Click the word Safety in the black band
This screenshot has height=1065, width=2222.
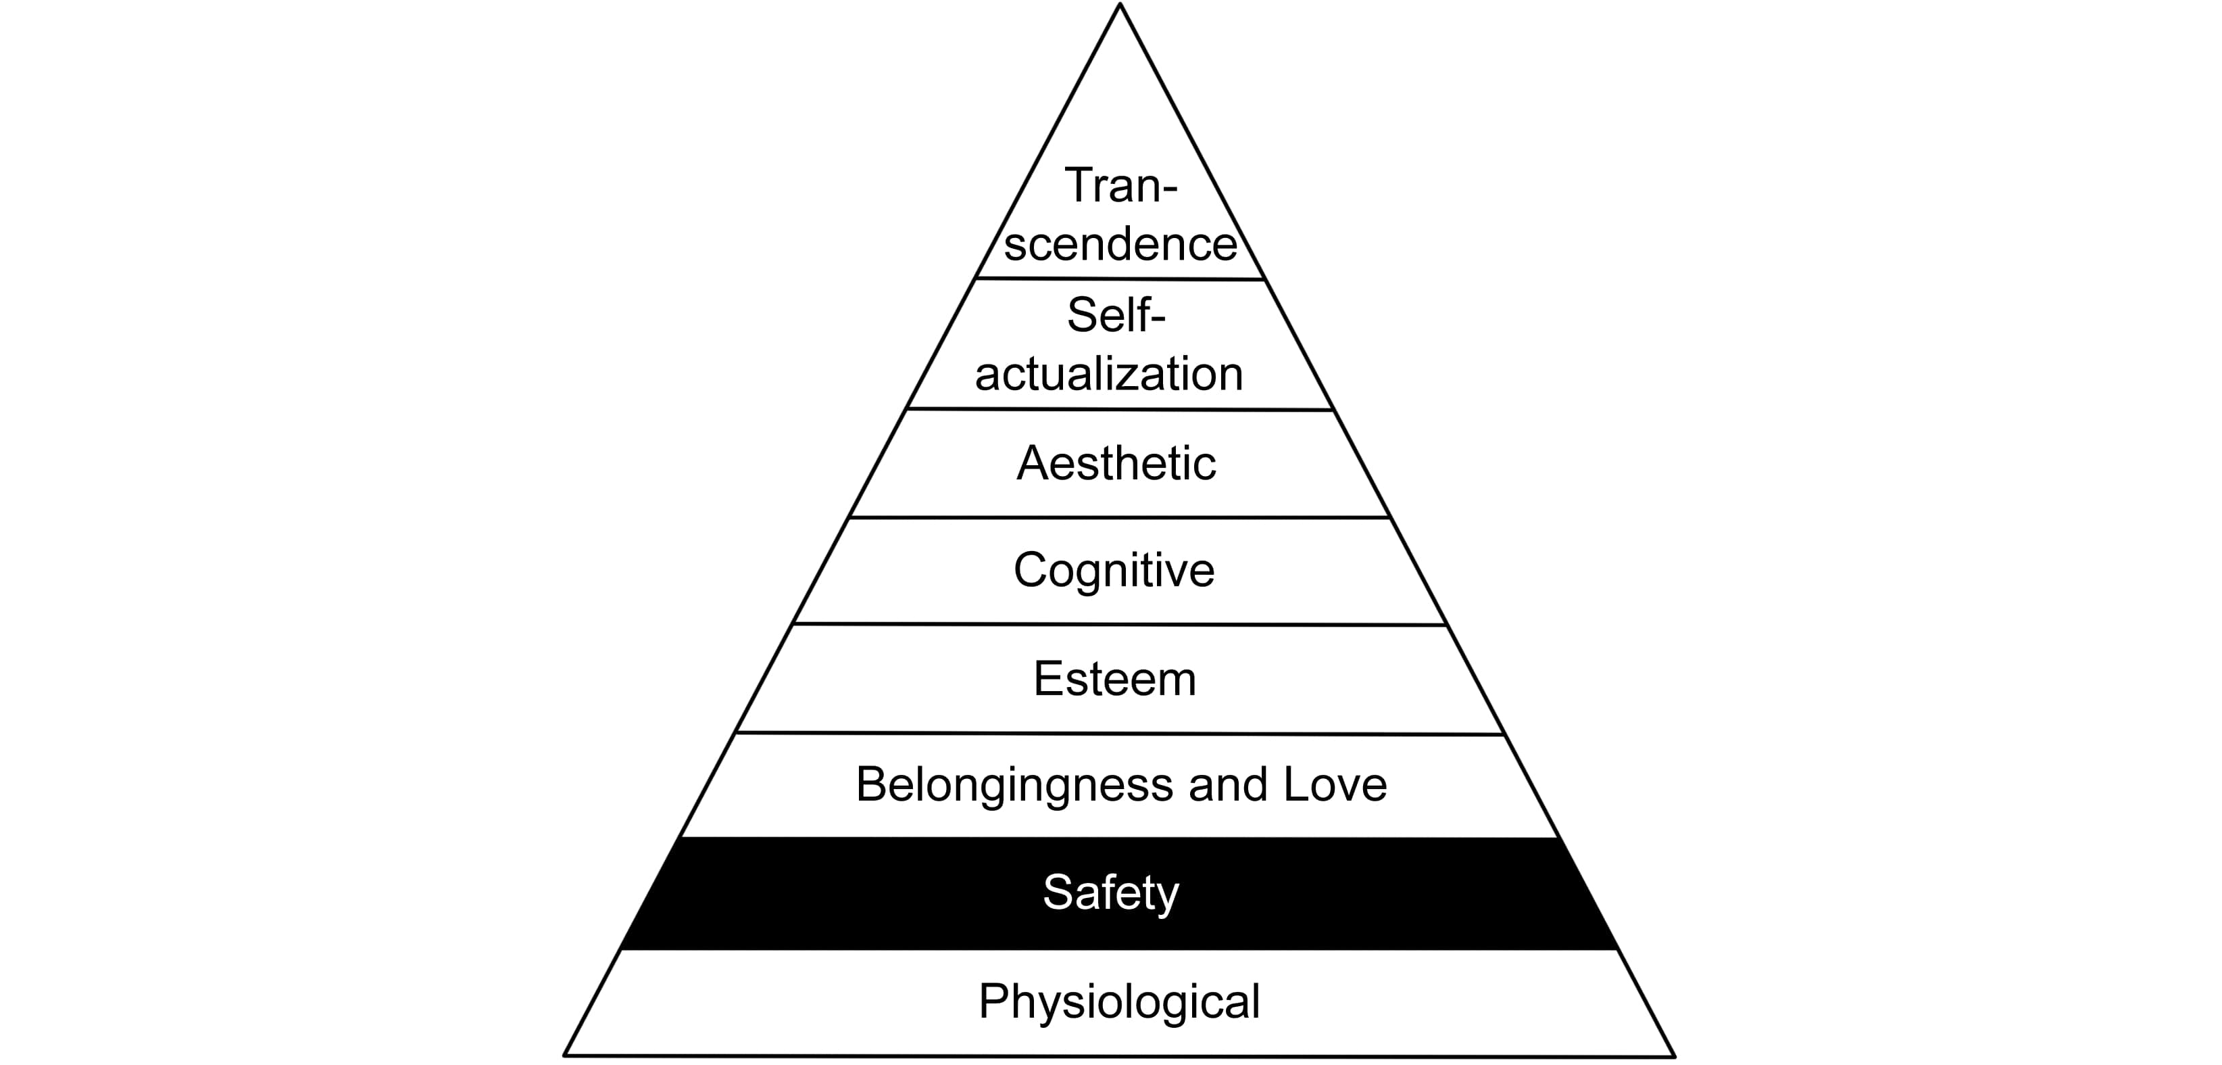coord(1110,893)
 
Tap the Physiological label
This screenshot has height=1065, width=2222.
coord(1118,1002)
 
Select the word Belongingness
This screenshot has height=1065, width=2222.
coord(1014,785)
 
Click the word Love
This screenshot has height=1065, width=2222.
coord(1335,784)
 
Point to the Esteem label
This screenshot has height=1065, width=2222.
coord(1114,679)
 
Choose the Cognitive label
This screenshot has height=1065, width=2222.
coord(1114,571)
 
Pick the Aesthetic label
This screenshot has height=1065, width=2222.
coord(1116,463)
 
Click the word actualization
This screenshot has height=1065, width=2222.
coord(1109,375)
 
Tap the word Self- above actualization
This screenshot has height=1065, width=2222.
coord(1116,315)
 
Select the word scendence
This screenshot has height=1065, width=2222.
coord(1120,244)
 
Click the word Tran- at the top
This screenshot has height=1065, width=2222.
coord(1120,185)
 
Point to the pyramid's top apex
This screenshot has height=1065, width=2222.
coord(1120,5)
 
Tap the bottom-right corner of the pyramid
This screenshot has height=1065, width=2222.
coord(1673,1056)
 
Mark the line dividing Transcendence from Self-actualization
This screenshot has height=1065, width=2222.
coord(1120,279)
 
